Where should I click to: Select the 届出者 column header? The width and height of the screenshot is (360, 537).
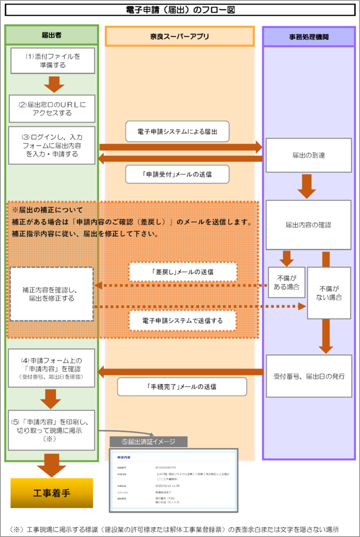52,36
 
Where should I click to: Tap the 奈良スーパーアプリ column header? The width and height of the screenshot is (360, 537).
180,36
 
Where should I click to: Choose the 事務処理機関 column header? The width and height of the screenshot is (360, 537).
309,36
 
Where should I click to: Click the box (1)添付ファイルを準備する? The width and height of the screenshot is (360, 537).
52,60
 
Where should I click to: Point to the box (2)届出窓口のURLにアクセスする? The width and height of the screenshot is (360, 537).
52,108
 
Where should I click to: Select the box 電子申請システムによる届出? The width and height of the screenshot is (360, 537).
177,131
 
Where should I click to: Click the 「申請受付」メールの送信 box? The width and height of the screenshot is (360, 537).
177,174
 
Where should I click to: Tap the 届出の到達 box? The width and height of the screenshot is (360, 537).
308,155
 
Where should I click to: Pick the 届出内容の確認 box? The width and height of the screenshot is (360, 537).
308,224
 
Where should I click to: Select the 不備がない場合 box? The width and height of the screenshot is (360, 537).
329,292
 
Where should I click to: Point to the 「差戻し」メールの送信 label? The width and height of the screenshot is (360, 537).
183,272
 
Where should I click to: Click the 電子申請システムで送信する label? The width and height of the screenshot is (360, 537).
183,320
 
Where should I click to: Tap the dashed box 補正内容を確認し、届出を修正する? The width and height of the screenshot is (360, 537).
52,294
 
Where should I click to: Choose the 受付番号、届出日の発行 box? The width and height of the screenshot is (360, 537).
309,376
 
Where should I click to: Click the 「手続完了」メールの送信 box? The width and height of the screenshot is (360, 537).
182,387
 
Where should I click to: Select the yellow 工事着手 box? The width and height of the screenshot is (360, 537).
52,493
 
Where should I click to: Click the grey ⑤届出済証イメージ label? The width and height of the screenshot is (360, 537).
148,442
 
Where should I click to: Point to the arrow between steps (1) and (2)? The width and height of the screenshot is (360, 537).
52,84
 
